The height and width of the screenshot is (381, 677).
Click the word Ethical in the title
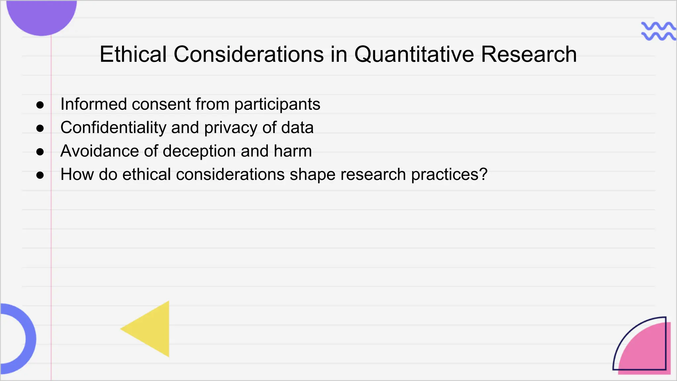133,54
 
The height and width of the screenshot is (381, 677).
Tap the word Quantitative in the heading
414,54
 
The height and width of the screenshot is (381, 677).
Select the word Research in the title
529,54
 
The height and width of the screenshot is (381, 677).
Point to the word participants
277,105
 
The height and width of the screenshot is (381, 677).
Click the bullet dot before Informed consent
40,105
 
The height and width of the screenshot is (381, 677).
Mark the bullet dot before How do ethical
40,175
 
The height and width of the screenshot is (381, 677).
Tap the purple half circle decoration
42,17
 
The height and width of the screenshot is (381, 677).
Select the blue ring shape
28,339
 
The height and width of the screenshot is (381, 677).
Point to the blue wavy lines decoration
658,31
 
